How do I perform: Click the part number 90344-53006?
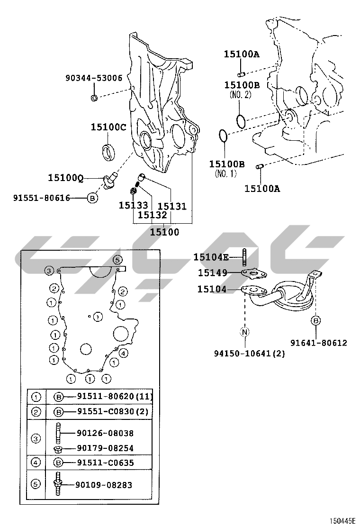point(94,78)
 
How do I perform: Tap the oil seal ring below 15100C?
point(108,151)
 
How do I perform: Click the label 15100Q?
point(66,178)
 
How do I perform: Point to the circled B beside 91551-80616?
point(92,198)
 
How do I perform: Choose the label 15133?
point(133,206)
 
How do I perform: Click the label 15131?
point(172,206)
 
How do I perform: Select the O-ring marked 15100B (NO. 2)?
point(241,120)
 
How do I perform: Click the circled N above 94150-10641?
point(245,332)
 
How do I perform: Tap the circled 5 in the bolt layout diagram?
point(117,259)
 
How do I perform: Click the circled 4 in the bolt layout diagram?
point(123,353)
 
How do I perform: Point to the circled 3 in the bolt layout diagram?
point(48,271)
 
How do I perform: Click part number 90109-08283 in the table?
point(104,485)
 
